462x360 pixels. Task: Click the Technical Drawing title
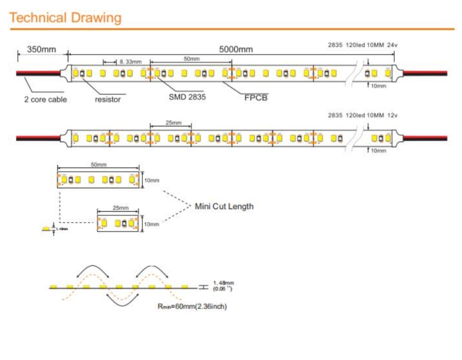click(x=66, y=17)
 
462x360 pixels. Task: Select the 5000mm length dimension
click(x=237, y=49)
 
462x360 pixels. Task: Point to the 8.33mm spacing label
click(x=131, y=62)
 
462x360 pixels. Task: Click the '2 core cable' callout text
click(x=45, y=99)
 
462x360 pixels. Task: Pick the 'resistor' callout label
click(x=108, y=99)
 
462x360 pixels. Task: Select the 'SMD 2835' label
click(x=187, y=97)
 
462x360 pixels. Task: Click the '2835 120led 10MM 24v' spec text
click(x=363, y=46)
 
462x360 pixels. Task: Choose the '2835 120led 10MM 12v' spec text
click(x=363, y=115)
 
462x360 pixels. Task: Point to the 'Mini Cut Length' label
click(x=224, y=206)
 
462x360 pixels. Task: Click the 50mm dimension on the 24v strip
click(x=192, y=58)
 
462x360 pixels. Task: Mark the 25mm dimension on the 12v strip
click(x=174, y=123)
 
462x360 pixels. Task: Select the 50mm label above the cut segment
click(x=99, y=166)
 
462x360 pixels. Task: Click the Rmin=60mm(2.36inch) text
click(x=192, y=306)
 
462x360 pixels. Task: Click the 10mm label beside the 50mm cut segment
click(x=151, y=180)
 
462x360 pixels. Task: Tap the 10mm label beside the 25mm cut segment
click(x=151, y=224)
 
